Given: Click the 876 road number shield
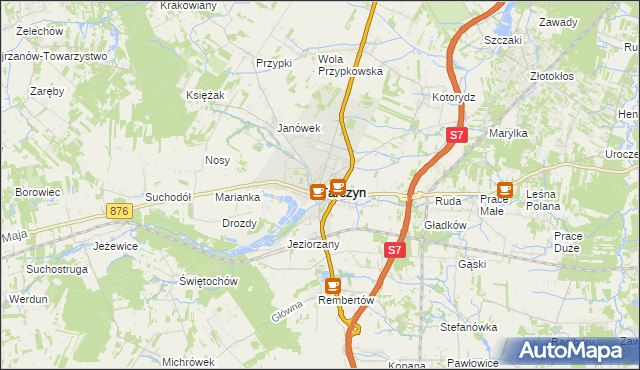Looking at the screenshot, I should click(120, 211).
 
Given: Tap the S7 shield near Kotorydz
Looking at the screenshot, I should click(456, 135).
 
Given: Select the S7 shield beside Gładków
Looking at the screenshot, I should click(394, 251).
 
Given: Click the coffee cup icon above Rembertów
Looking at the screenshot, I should click(332, 287).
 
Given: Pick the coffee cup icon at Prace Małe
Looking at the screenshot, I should click(505, 187).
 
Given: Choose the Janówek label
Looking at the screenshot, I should click(298, 128).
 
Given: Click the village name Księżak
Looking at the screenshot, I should click(204, 94).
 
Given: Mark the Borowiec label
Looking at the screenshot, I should click(39, 191).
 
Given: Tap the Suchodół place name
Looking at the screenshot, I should click(168, 197).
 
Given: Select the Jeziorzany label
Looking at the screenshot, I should click(313, 244).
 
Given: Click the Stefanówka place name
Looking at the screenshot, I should click(469, 327).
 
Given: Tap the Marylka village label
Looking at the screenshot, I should click(508, 133).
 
